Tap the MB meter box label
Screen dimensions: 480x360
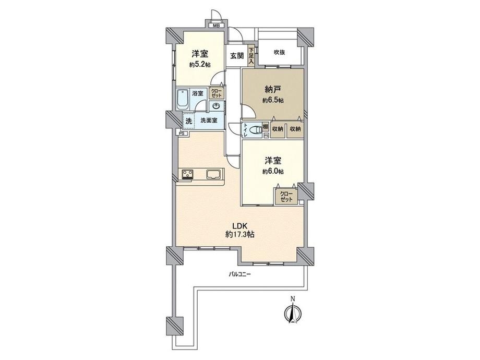pos(216,26)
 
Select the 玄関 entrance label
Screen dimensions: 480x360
pos(237,56)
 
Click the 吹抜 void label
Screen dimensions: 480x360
pos(279,52)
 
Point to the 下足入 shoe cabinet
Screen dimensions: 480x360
pos(251,56)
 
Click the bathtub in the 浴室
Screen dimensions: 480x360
pos(183,99)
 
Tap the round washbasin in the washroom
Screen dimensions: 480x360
pos(217,105)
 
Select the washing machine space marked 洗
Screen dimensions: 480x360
pos(188,121)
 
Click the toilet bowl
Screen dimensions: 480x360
pos(255,130)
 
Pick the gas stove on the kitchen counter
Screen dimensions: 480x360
pos(188,174)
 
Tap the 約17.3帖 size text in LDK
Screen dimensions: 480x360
pos(240,235)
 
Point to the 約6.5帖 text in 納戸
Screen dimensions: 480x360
pos(273,100)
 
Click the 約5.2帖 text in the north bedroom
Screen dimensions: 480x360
pos(200,65)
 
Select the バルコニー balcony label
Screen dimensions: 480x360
pos(240,274)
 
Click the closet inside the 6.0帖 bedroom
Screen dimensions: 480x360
pos(286,197)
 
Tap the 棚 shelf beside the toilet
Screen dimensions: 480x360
pos(265,127)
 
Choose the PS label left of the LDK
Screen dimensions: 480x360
pos(182,134)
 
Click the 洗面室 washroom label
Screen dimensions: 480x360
pos(209,121)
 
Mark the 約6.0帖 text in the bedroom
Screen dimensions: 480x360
pos(273,172)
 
